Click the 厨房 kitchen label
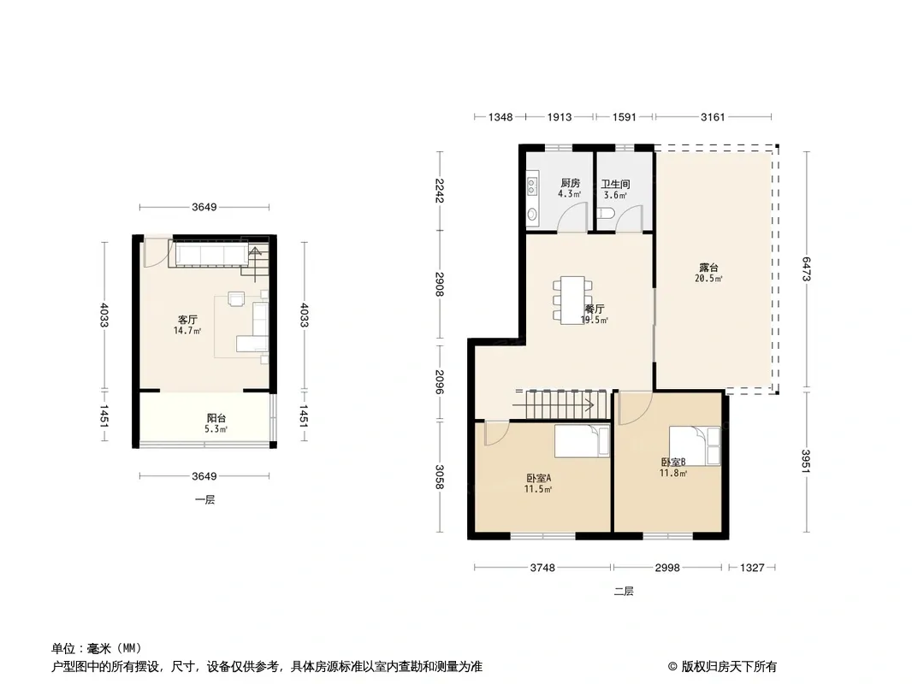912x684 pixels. [x=570, y=183]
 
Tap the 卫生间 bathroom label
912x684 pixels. [x=615, y=184]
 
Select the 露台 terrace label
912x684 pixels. [x=708, y=268]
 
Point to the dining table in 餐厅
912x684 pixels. [x=572, y=300]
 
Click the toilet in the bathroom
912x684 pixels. [x=606, y=212]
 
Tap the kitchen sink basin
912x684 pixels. [x=532, y=215]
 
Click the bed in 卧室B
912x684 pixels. [x=695, y=445]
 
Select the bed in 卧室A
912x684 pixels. [x=582, y=442]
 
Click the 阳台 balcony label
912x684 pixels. [x=216, y=418]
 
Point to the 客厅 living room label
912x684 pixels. [x=187, y=320]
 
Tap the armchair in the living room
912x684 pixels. [x=237, y=298]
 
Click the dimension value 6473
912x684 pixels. [x=806, y=269]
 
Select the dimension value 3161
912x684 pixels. [x=713, y=117]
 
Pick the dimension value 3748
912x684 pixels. [x=542, y=567]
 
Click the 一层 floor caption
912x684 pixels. [x=204, y=500]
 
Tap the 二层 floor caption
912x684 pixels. [x=624, y=592]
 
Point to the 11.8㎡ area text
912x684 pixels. [x=673, y=473]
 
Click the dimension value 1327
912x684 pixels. [x=752, y=567]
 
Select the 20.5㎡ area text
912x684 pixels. [x=708, y=279]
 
